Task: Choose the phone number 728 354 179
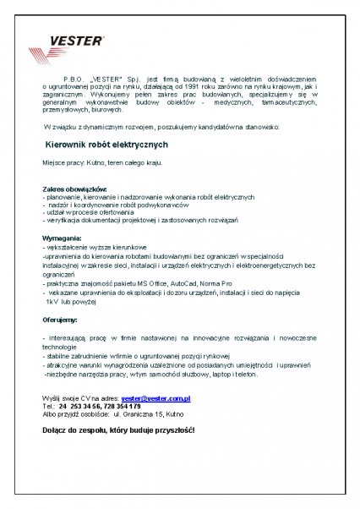[x=129, y=406]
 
